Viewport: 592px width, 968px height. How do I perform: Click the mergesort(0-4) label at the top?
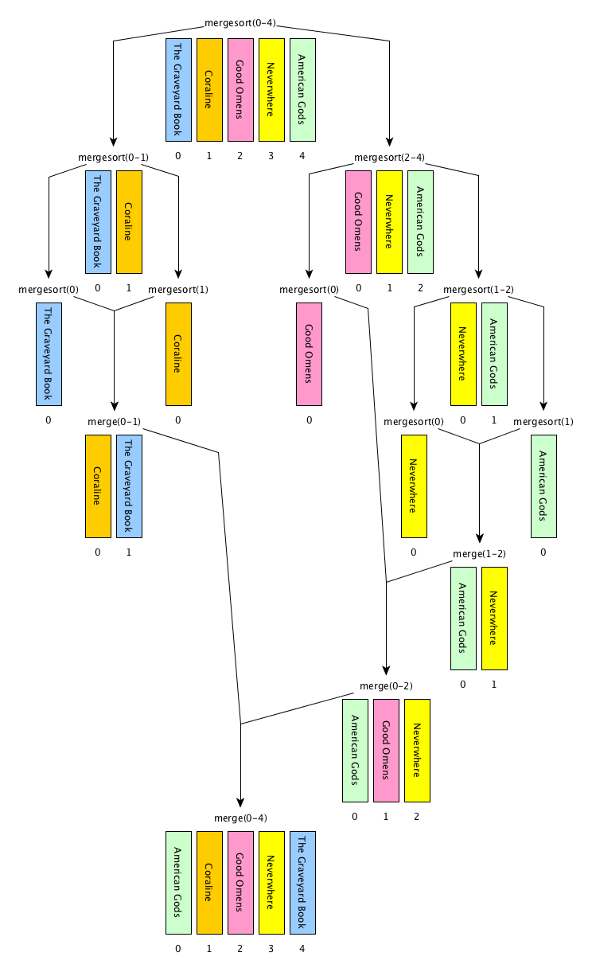240,22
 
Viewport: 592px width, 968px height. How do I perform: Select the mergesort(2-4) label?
389,157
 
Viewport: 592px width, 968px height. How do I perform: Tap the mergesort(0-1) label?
113,157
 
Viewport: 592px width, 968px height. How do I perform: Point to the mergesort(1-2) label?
478,289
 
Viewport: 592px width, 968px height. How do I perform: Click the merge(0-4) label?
240,818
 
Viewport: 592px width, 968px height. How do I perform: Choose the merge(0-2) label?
386,685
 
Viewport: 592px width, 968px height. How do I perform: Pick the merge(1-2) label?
479,553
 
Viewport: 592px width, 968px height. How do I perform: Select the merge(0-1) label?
113,421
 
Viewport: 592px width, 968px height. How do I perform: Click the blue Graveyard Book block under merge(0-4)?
302,882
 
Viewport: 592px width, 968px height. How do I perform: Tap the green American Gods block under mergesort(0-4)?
302,89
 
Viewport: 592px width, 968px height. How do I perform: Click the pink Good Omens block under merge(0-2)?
386,750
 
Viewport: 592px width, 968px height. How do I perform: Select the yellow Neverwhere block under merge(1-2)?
494,618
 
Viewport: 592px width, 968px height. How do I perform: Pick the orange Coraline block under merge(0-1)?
98,486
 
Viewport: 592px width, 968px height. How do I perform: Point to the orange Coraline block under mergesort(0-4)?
209,89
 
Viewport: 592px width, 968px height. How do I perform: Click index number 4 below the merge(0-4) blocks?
302,948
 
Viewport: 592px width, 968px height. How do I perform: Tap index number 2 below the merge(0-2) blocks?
417,816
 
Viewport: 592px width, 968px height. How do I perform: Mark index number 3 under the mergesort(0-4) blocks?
271,155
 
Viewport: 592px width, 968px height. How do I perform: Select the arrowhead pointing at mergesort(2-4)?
389,144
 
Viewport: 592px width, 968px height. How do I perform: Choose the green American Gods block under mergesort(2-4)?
420,221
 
